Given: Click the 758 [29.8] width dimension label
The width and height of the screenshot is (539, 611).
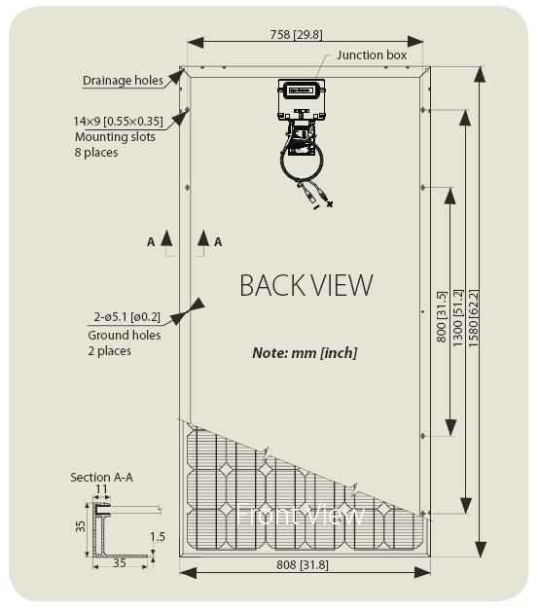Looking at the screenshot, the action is (x=296, y=35).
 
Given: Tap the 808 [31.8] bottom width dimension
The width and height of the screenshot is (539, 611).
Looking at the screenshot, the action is (x=303, y=564).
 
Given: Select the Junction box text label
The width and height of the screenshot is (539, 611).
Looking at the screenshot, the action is (x=372, y=55).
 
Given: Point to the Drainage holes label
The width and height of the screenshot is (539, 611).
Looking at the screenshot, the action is (x=123, y=81).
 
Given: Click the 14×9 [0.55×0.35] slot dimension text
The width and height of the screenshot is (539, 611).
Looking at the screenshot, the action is (x=118, y=122).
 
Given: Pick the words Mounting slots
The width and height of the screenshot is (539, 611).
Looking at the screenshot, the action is (x=115, y=137).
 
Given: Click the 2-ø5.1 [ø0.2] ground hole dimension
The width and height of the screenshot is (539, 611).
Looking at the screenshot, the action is (x=126, y=317).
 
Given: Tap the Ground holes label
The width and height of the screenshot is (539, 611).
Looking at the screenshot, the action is (x=125, y=335).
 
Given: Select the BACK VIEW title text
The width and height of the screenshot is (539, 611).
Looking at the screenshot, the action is (x=306, y=286).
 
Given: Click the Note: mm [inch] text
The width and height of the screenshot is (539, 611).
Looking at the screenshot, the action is (x=305, y=353).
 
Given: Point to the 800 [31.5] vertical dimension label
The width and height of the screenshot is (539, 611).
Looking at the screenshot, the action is (x=441, y=317).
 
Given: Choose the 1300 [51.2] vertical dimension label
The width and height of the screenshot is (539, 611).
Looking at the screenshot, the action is (x=457, y=318).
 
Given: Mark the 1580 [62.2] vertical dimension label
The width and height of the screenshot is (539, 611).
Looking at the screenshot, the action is (x=473, y=318).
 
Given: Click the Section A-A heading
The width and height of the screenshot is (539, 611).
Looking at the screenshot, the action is (x=101, y=478).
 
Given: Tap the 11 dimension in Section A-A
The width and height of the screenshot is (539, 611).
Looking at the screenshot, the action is (x=101, y=489).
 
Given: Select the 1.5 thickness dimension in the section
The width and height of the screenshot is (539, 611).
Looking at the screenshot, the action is (x=158, y=537).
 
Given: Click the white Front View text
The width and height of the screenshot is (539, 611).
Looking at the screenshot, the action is (x=300, y=515).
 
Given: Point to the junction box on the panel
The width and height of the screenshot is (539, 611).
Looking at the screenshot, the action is (x=302, y=99).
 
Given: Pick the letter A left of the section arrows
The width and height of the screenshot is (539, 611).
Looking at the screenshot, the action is (x=151, y=242).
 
